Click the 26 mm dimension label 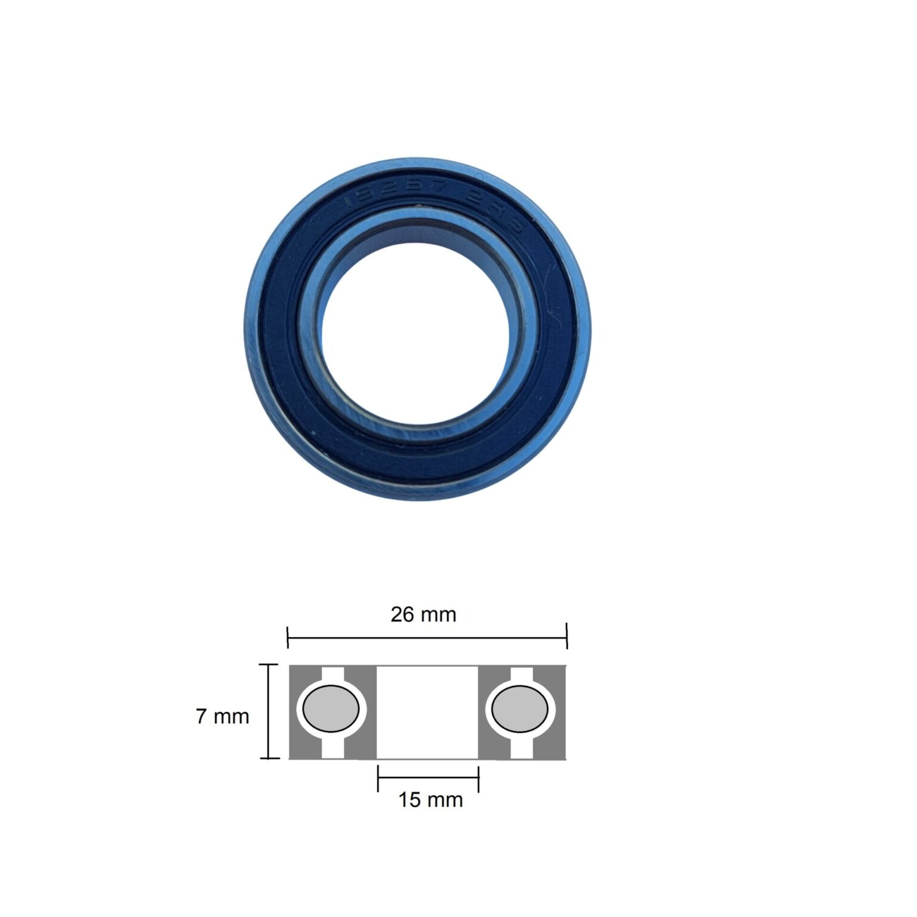click(x=423, y=614)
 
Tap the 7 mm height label click(x=222, y=716)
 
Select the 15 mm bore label click(x=430, y=799)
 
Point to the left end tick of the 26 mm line click(x=288, y=638)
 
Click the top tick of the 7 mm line click(x=269, y=664)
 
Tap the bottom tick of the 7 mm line click(x=269, y=758)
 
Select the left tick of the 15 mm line click(x=379, y=778)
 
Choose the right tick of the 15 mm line click(x=479, y=778)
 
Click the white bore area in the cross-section click(x=427, y=712)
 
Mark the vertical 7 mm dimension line click(x=269, y=712)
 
